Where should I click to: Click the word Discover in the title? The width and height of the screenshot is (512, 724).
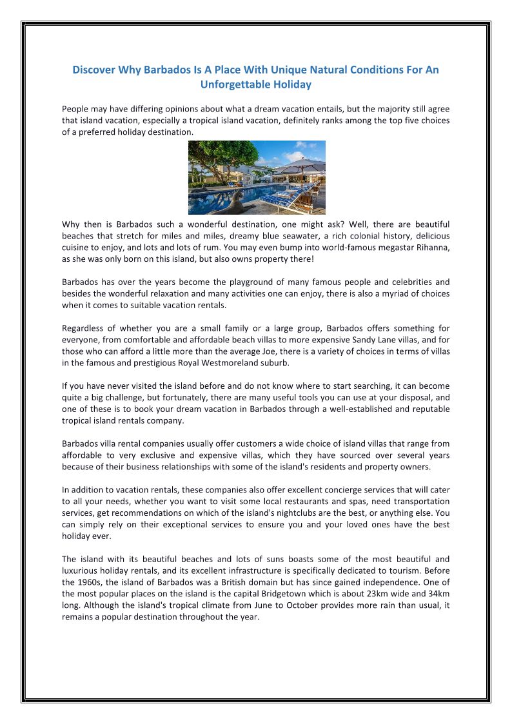point(93,70)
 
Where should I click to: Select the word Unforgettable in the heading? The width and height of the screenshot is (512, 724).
point(234,84)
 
